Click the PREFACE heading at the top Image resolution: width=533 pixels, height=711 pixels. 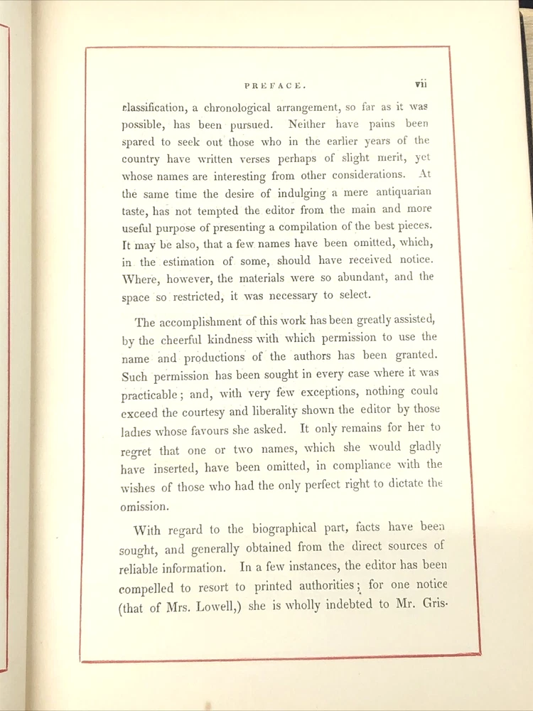coord(275,85)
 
